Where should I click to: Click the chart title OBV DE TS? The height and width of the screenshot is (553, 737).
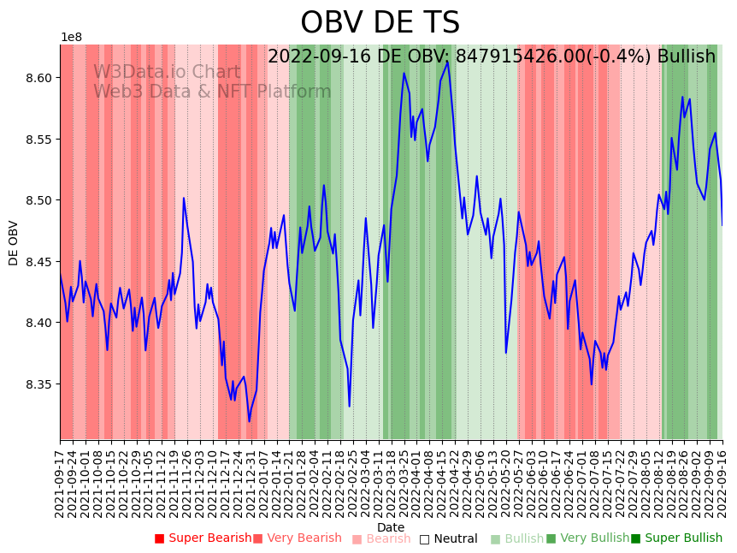coord(380,23)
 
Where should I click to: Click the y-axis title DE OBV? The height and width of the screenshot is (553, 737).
coord(14,243)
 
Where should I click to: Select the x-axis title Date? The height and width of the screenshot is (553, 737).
coord(391,527)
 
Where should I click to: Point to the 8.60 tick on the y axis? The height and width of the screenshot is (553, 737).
coord(39,78)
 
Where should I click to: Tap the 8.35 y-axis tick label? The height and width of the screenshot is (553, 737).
coord(39,384)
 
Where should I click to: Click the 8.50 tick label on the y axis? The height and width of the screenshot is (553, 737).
coord(39,200)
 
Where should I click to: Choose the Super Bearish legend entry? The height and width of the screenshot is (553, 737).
coord(203,538)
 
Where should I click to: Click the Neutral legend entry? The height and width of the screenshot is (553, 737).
coord(448,538)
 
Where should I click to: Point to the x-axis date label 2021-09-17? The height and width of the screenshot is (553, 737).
coord(60,484)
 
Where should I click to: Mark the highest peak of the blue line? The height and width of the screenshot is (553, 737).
coord(447,61)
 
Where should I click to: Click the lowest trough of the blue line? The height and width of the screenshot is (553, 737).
coord(250,421)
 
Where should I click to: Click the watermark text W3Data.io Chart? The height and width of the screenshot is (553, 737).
coord(167,72)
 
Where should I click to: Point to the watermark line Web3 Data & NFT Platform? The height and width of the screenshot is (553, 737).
coord(212,92)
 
